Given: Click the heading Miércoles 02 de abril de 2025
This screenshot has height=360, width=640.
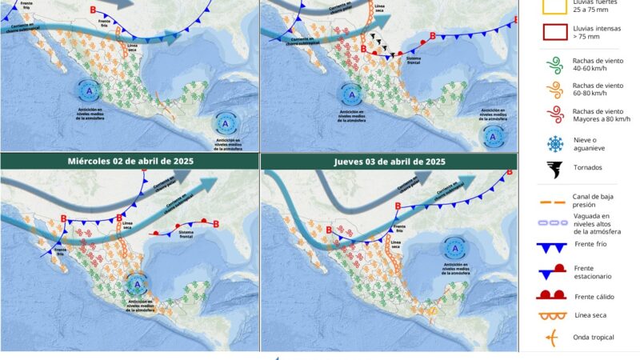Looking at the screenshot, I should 130,161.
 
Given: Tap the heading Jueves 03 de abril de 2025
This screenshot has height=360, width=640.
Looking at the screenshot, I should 390,161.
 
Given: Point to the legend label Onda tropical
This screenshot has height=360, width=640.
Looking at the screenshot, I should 594,337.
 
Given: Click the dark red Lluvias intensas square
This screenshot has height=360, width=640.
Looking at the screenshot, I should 553,33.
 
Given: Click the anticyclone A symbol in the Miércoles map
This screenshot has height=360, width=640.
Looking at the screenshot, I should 138,284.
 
